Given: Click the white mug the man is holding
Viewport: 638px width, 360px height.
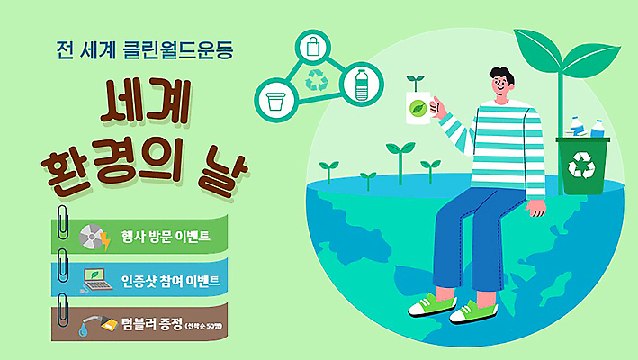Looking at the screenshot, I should pyautogui.click(x=419, y=110).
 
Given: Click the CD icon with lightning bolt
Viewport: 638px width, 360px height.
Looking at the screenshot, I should pyautogui.click(x=94, y=237).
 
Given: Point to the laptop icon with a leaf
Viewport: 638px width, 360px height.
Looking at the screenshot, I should pyautogui.click(x=95, y=280).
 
